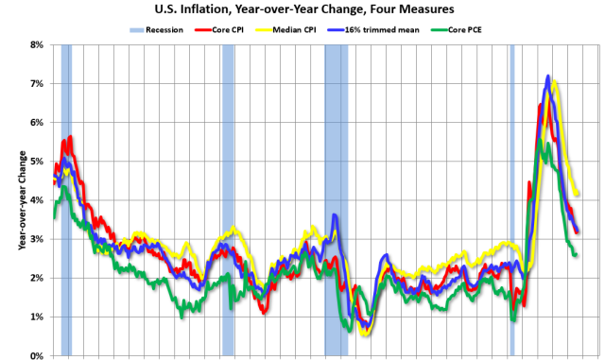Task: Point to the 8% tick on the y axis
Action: pyautogui.click(x=38, y=44)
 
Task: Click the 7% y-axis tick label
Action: pyautogui.click(x=38, y=84)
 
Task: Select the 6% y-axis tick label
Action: pyautogui.click(x=38, y=123)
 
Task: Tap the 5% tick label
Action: pyautogui.click(x=38, y=162)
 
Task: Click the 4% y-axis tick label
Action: pyautogui.click(x=38, y=200)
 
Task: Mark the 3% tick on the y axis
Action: pyautogui.click(x=38, y=239)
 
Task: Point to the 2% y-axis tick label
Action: pyautogui.click(x=38, y=278)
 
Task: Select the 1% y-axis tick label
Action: pyautogui.click(x=38, y=317)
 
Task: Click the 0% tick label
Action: pyautogui.click(x=38, y=355)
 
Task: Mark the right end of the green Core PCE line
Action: pyautogui.click(x=576, y=254)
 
